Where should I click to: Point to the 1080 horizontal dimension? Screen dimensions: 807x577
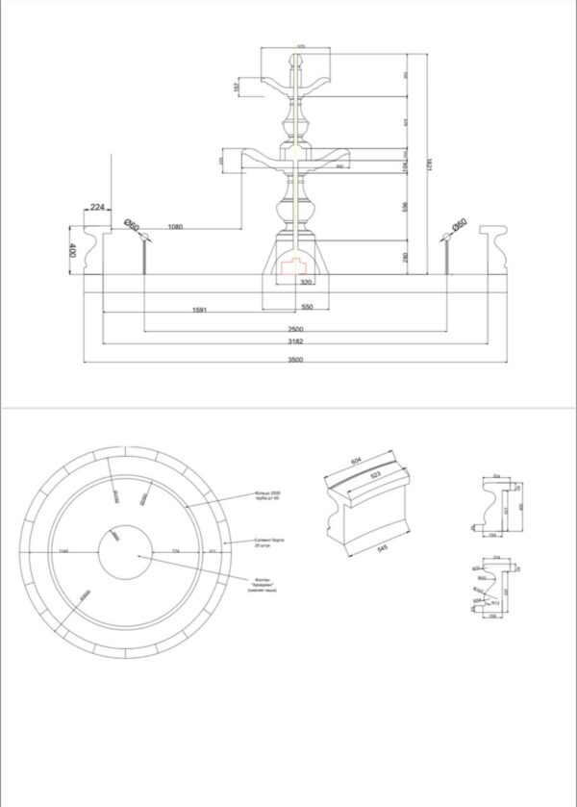[175, 226]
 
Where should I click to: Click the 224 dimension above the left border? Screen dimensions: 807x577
[97, 207]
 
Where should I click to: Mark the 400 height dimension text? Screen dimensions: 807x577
[72, 250]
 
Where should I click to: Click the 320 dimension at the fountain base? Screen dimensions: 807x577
[306, 283]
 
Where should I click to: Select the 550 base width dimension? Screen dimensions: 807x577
[307, 306]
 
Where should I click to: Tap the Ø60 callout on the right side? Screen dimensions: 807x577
[459, 223]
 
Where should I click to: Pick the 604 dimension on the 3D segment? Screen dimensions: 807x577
[357, 462]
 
